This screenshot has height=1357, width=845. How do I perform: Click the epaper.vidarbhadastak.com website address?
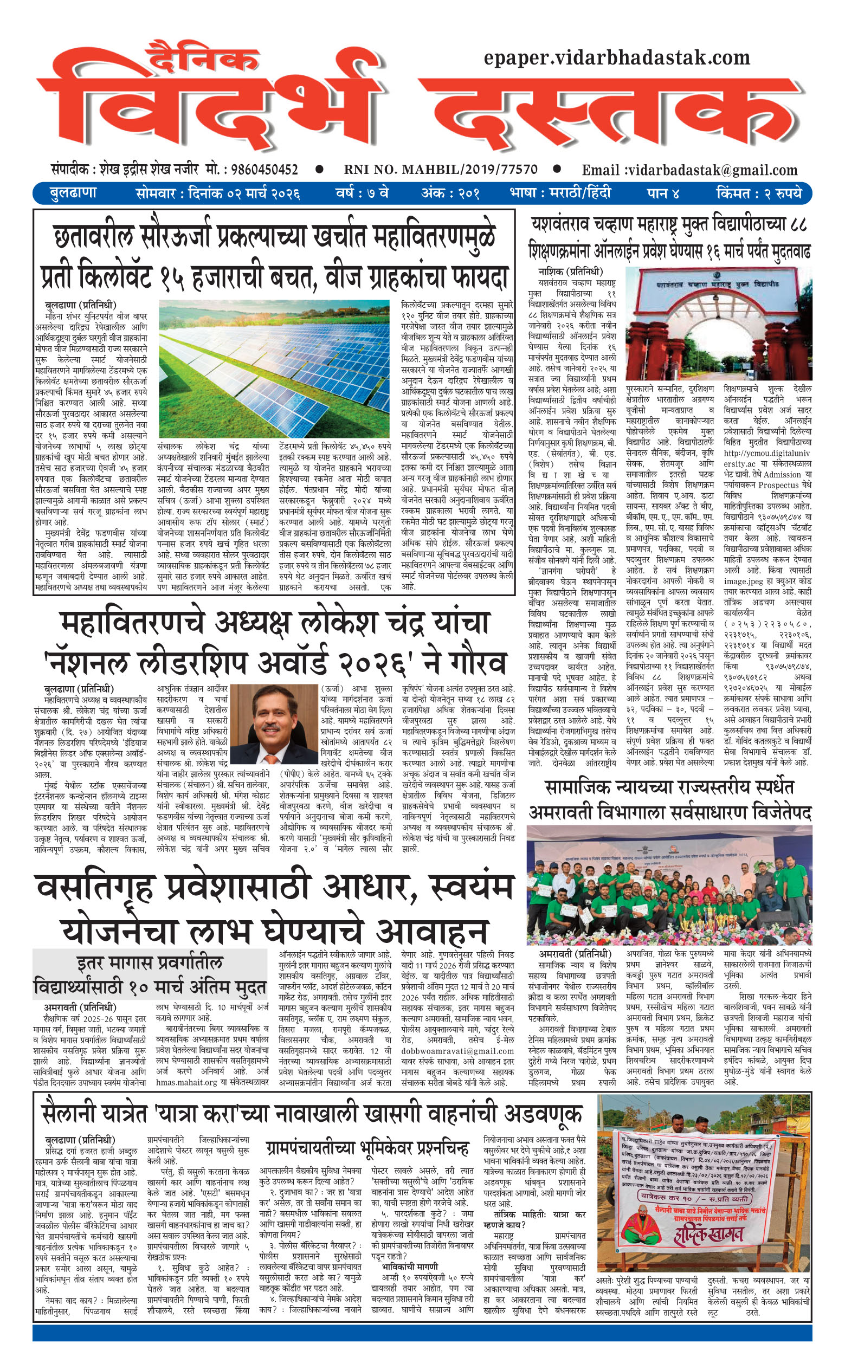coord(616,57)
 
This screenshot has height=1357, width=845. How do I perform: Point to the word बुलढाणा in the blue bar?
coord(73,193)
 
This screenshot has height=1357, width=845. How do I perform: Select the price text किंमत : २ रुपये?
coord(758,193)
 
